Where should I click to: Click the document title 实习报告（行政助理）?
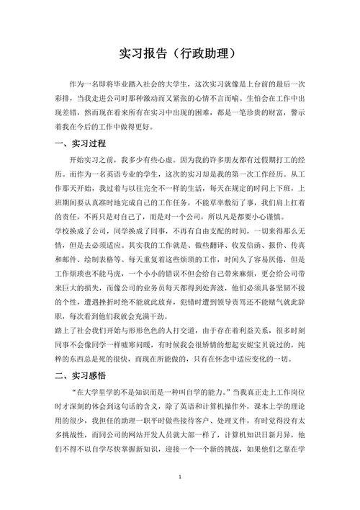pos(179,53)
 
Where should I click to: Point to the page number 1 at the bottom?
pos(179,478)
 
